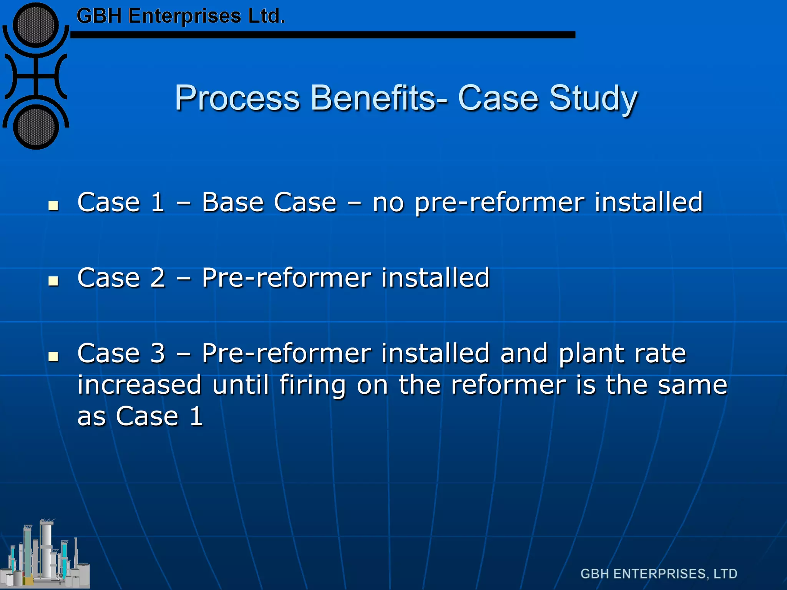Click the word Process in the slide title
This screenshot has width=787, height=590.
[237, 98]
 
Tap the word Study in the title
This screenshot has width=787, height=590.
[593, 98]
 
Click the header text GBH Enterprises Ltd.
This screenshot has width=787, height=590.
[181, 16]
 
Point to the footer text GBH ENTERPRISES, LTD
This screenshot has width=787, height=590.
[659, 574]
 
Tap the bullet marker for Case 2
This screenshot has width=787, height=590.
[53, 281]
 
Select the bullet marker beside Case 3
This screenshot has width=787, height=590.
[53, 356]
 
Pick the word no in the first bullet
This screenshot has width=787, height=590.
[388, 203]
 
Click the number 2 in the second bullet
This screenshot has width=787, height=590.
[158, 277]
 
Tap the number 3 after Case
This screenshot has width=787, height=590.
[158, 353]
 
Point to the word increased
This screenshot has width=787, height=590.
[139, 384]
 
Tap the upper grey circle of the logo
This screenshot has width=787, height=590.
[36, 25]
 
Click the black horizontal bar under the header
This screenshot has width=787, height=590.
[323, 35]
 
